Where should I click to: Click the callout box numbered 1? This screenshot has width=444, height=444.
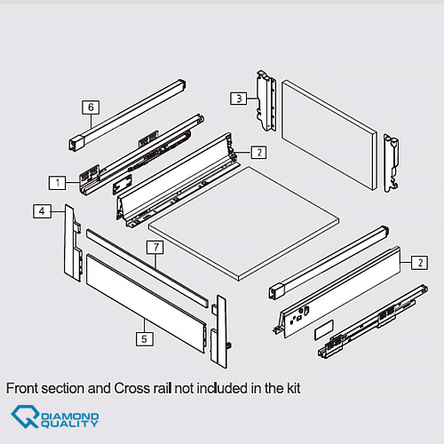58,183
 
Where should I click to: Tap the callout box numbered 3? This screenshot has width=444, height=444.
239,99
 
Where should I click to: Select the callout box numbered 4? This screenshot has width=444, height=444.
42,211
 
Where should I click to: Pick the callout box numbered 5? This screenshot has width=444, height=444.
145,338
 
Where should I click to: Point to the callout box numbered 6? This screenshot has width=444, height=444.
91,107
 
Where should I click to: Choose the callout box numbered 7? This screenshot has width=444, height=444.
155,247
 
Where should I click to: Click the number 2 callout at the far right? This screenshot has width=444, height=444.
419,262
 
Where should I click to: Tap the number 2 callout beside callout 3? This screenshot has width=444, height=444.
259,152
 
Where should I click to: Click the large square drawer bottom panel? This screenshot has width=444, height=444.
244,224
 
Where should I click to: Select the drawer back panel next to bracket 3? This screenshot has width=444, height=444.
329,135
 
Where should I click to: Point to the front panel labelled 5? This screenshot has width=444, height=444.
145,303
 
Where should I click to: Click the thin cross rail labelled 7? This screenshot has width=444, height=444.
147,268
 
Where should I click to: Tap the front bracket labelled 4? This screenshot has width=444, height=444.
73,242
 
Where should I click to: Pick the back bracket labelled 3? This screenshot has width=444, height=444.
266,100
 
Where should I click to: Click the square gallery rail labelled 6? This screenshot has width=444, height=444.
127,115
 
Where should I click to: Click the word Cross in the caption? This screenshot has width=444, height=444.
129,388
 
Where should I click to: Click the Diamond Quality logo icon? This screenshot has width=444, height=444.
25,416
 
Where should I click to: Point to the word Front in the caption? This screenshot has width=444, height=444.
22,388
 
